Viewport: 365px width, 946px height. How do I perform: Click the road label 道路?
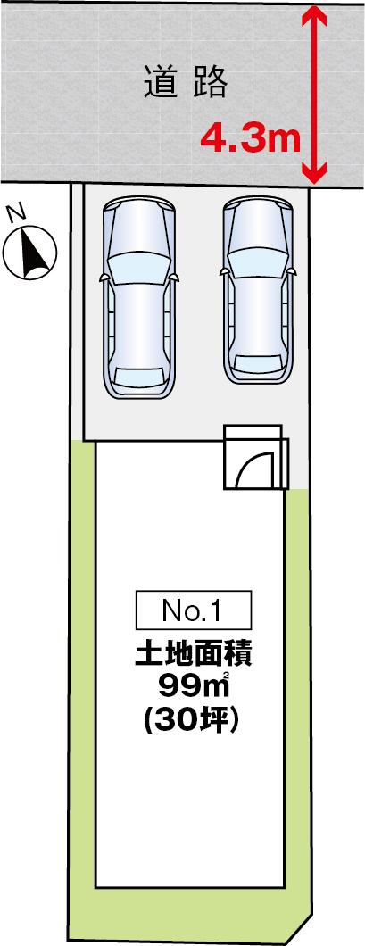point(186,83)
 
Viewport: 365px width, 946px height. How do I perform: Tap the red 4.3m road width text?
point(250,138)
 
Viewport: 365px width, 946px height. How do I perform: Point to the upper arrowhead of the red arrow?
point(314,16)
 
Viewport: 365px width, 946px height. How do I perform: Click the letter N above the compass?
point(16,212)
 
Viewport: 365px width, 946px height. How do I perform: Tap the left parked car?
point(139,298)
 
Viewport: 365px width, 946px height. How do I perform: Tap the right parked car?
point(258,292)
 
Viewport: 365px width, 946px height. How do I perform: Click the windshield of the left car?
point(139,266)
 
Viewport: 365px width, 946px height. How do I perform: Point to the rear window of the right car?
point(259,363)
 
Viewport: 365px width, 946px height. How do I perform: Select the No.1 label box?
point(193,610)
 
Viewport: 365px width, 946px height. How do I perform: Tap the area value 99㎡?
point(193,686)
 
